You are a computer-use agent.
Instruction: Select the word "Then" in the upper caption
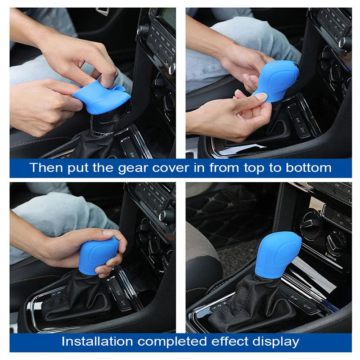click(x=46, y=167)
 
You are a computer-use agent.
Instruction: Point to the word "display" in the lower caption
click(x=276, y=342)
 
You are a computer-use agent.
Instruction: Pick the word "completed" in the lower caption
click(x=172, y=342)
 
